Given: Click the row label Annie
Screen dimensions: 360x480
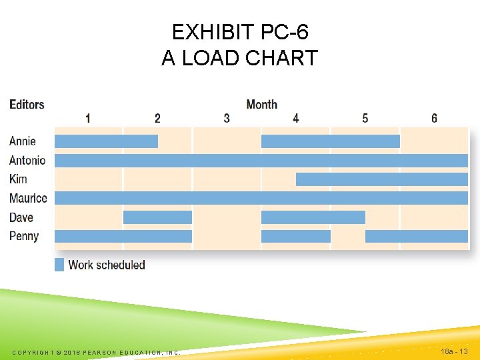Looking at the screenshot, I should [23, 141].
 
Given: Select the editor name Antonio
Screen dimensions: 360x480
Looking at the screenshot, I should [27, 160].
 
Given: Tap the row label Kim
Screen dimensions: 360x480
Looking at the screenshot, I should [18, 179].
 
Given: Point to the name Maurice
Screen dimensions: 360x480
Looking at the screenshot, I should [28, 198].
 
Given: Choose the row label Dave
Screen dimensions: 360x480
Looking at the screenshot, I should [21, 217].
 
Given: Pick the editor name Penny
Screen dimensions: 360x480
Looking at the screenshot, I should [24, 236].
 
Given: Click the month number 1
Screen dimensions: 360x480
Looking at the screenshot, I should [88, 118].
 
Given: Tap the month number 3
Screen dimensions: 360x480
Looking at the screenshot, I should [227, 118].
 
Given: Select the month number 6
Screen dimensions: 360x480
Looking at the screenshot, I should [434, 118].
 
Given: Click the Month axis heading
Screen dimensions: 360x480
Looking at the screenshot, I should [261, 104].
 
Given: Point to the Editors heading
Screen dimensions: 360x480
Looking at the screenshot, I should [27, 105].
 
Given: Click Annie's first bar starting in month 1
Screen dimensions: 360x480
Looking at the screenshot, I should [106, 141].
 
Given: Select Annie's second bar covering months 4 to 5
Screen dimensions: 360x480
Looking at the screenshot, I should [330, 141].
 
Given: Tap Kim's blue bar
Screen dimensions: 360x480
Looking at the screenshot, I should [381, 179].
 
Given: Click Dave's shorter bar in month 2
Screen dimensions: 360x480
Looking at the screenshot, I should [157, 217].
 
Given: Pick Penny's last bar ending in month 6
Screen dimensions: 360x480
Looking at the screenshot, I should [416, 236].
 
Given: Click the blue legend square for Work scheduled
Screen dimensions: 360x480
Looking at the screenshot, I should [59, 265].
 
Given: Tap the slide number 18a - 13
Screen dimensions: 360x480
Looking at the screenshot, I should [455, 351].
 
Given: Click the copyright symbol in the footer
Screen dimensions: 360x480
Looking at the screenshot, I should [58, 352].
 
